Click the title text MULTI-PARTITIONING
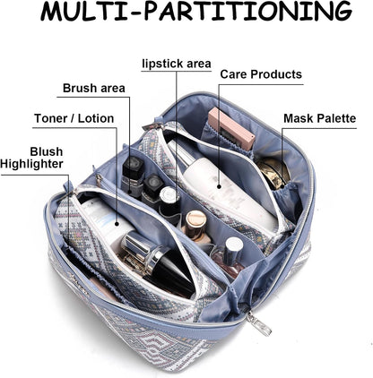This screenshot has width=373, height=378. tap(196, 12)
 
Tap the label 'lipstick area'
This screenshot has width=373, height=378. tap(177, 64)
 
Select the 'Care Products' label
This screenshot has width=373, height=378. tap(261, 74)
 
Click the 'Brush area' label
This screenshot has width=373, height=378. tap(94, 88)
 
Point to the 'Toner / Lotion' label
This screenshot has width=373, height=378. tap(74, 118)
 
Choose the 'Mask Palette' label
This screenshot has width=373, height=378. tap(320, 118)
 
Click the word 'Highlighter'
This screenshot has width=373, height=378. tap(31, 164)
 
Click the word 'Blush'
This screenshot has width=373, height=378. tap(47, 151)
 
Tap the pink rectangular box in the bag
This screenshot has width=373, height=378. tap(232, 129)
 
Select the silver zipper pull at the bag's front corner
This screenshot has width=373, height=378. tap(259, 322)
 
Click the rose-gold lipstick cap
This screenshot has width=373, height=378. tap(195, 221)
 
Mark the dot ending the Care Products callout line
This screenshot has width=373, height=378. tap(219, 186)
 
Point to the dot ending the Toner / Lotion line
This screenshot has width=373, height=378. tap(117, 223)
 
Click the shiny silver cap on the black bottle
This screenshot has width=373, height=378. tap(141, 249)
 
